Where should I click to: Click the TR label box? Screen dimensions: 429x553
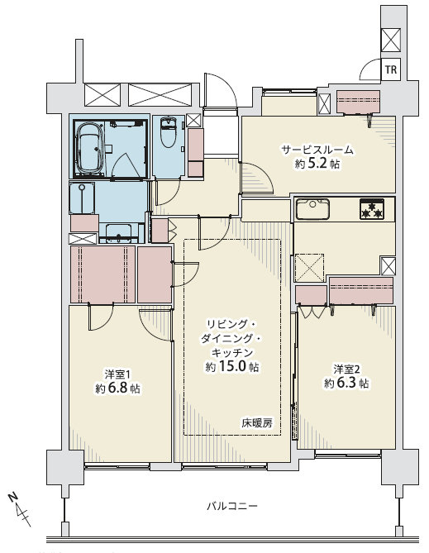pos(391,69)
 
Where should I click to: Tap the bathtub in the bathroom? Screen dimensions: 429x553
pos(89,149)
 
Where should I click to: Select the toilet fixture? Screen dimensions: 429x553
pos(169,132)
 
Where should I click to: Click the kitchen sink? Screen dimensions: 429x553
pos(312,209)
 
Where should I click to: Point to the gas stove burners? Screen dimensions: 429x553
pos(372,209)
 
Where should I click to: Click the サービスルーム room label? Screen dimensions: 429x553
pos(317,150)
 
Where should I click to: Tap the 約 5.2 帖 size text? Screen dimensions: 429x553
pos(317,164)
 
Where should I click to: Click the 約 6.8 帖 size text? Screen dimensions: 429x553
pos(118,389)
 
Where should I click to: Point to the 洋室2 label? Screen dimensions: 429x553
pos(347,369)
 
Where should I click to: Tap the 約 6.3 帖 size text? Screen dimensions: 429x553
pos(347,384)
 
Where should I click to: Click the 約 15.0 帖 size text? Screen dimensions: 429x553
pos(231,367)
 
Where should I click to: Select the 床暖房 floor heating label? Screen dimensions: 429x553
pos(257,423)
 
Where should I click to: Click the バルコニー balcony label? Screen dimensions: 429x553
pos(231,507)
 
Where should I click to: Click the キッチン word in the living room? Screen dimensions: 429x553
pos(231,353)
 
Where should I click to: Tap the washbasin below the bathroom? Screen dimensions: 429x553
pos(119,232)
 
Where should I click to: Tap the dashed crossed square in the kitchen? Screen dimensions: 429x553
pos(309,268)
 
